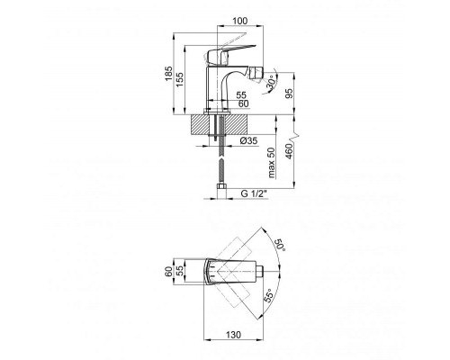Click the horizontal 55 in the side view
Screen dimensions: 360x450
click(242, 94)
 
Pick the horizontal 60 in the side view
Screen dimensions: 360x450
click(242, 103)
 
